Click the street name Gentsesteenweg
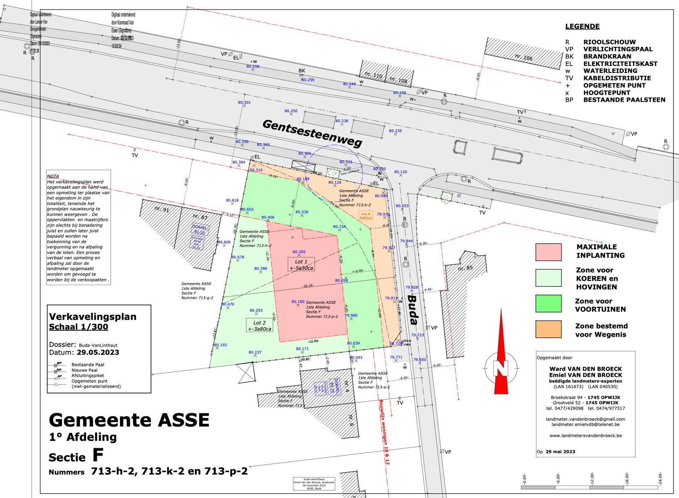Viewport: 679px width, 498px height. pyautogui.click(x=312, y=133)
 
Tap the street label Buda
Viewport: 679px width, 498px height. pyautogui.click(x=412, y=309)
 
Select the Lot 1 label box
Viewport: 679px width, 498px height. pyautogui.click(x=301, y=264)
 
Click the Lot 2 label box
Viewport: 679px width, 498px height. pyautogui.click(x=259, y=326)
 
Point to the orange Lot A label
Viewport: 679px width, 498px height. pyautogui.click(x=365, y=216)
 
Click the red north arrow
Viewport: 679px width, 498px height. pyautogui.click(x=501, y=353)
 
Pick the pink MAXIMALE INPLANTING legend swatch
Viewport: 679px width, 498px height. pyautogui.click(x=548, y=252)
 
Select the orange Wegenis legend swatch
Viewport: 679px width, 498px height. pyautogui.click(x=548, y=329)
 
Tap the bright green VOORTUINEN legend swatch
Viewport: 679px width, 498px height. pyautogui.click(x=548, y=304)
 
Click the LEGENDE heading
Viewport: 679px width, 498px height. pyautogui.click(x=582, y=27)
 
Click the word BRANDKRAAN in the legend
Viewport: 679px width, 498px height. pyautogui.click(x=607, y=56)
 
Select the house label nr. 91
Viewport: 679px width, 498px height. pyautogui.click(x=162, y=209)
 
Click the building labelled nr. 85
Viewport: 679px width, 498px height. pyautogui.click(x=465, y=269)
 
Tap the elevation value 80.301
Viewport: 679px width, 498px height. pyautogui.click(x=244, y=103)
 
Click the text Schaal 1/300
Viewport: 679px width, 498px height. pyautogui.click(x=78, y=327)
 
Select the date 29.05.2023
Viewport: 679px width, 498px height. pyautogui.click(x=98, y=352)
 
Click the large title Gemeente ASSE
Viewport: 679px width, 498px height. pyautogui.click(x=129, y=420)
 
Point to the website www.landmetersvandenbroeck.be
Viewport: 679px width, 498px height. pyautogui.click(x=585, y=436)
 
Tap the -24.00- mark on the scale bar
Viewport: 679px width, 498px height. pyautogui.click(x=660, y=478)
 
